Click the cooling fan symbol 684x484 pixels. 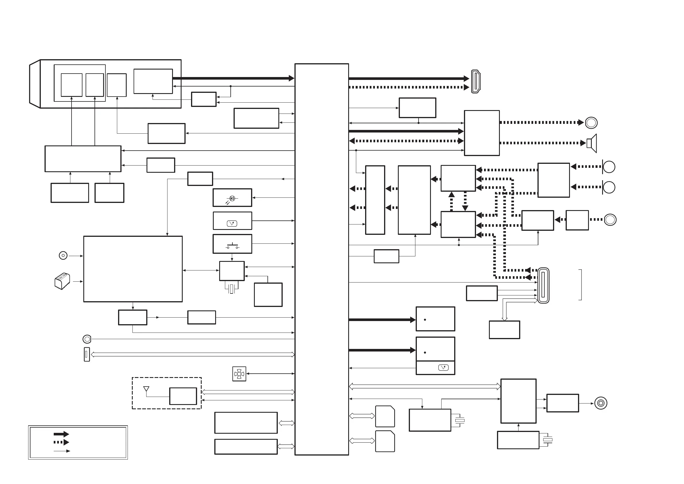[239, 374]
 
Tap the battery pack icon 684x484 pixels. [62, 281]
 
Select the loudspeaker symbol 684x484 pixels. [592, 143]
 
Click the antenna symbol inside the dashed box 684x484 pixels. [146, 389]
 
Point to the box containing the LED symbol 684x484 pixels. [232, 197]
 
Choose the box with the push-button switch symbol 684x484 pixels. [232, 244]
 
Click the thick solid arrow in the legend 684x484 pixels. [61, 434]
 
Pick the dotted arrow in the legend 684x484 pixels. [61, 442]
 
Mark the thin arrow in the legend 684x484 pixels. [62, 451]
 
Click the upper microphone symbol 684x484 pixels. [609, 167]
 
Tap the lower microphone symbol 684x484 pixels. [609, 187]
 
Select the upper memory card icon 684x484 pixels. [385, 416]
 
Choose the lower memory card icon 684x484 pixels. [385, 441]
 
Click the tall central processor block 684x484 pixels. [322, 259]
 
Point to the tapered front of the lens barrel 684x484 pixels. [35, 84]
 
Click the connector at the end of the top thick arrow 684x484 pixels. [476, 81]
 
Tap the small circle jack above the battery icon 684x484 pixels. [63, 256]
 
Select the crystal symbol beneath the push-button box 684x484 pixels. [232, 289]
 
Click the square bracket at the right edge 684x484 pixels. [580, 285]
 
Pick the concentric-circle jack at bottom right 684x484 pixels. [601, 403]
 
